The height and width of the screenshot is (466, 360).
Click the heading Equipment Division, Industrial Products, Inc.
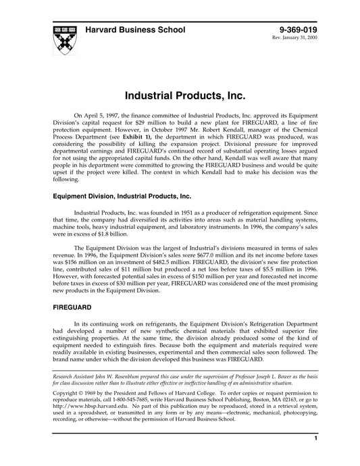[x=119, y=196]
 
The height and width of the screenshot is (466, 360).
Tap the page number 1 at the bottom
[x=315, y=457]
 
